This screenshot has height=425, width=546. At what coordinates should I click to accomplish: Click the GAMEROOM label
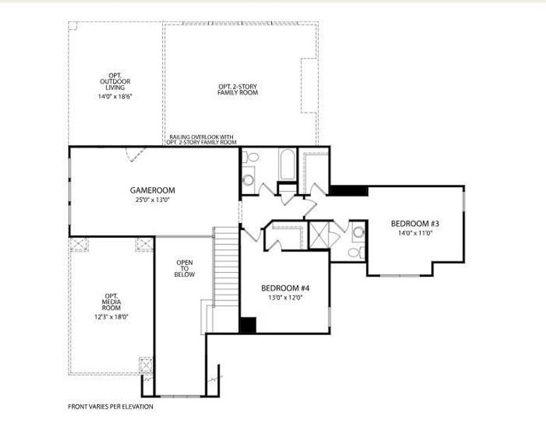pos(152,191)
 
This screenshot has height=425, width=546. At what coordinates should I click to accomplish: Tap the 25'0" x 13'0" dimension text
pos(152,200)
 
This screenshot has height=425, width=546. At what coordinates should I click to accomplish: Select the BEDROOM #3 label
pos(415,223)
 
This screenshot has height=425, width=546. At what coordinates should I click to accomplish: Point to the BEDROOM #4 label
pos(285,288)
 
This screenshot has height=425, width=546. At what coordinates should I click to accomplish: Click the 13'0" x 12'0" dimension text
pos(285,297)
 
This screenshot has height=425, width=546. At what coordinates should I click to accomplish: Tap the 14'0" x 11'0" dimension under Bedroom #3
pos(415,233)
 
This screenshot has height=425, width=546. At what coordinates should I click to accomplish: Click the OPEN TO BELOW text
pos(185,268)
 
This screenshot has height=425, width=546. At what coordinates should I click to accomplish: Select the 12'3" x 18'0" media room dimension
pos(111,317)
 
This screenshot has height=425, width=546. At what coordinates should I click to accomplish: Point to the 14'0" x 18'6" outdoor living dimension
pos(115,96)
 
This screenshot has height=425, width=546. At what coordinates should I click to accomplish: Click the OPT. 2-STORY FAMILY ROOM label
pos(238,89)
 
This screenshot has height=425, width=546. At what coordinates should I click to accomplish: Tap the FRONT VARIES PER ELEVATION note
pos(110,407)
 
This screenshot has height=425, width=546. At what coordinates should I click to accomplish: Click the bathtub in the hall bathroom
pos(288,164)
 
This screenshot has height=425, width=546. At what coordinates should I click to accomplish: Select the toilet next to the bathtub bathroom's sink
pos(251,157)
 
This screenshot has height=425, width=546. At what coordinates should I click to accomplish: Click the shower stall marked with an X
pos(319,234)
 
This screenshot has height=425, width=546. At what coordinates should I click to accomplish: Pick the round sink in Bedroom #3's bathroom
pos(358,232)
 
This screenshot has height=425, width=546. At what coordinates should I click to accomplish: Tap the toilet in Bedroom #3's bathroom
pos(356,253)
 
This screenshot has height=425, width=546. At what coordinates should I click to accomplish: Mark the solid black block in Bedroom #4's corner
pos(248,325)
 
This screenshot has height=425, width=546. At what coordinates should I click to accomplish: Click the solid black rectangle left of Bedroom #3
pos(348,191)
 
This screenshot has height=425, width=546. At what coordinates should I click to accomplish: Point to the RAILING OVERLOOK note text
pos(201,140)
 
